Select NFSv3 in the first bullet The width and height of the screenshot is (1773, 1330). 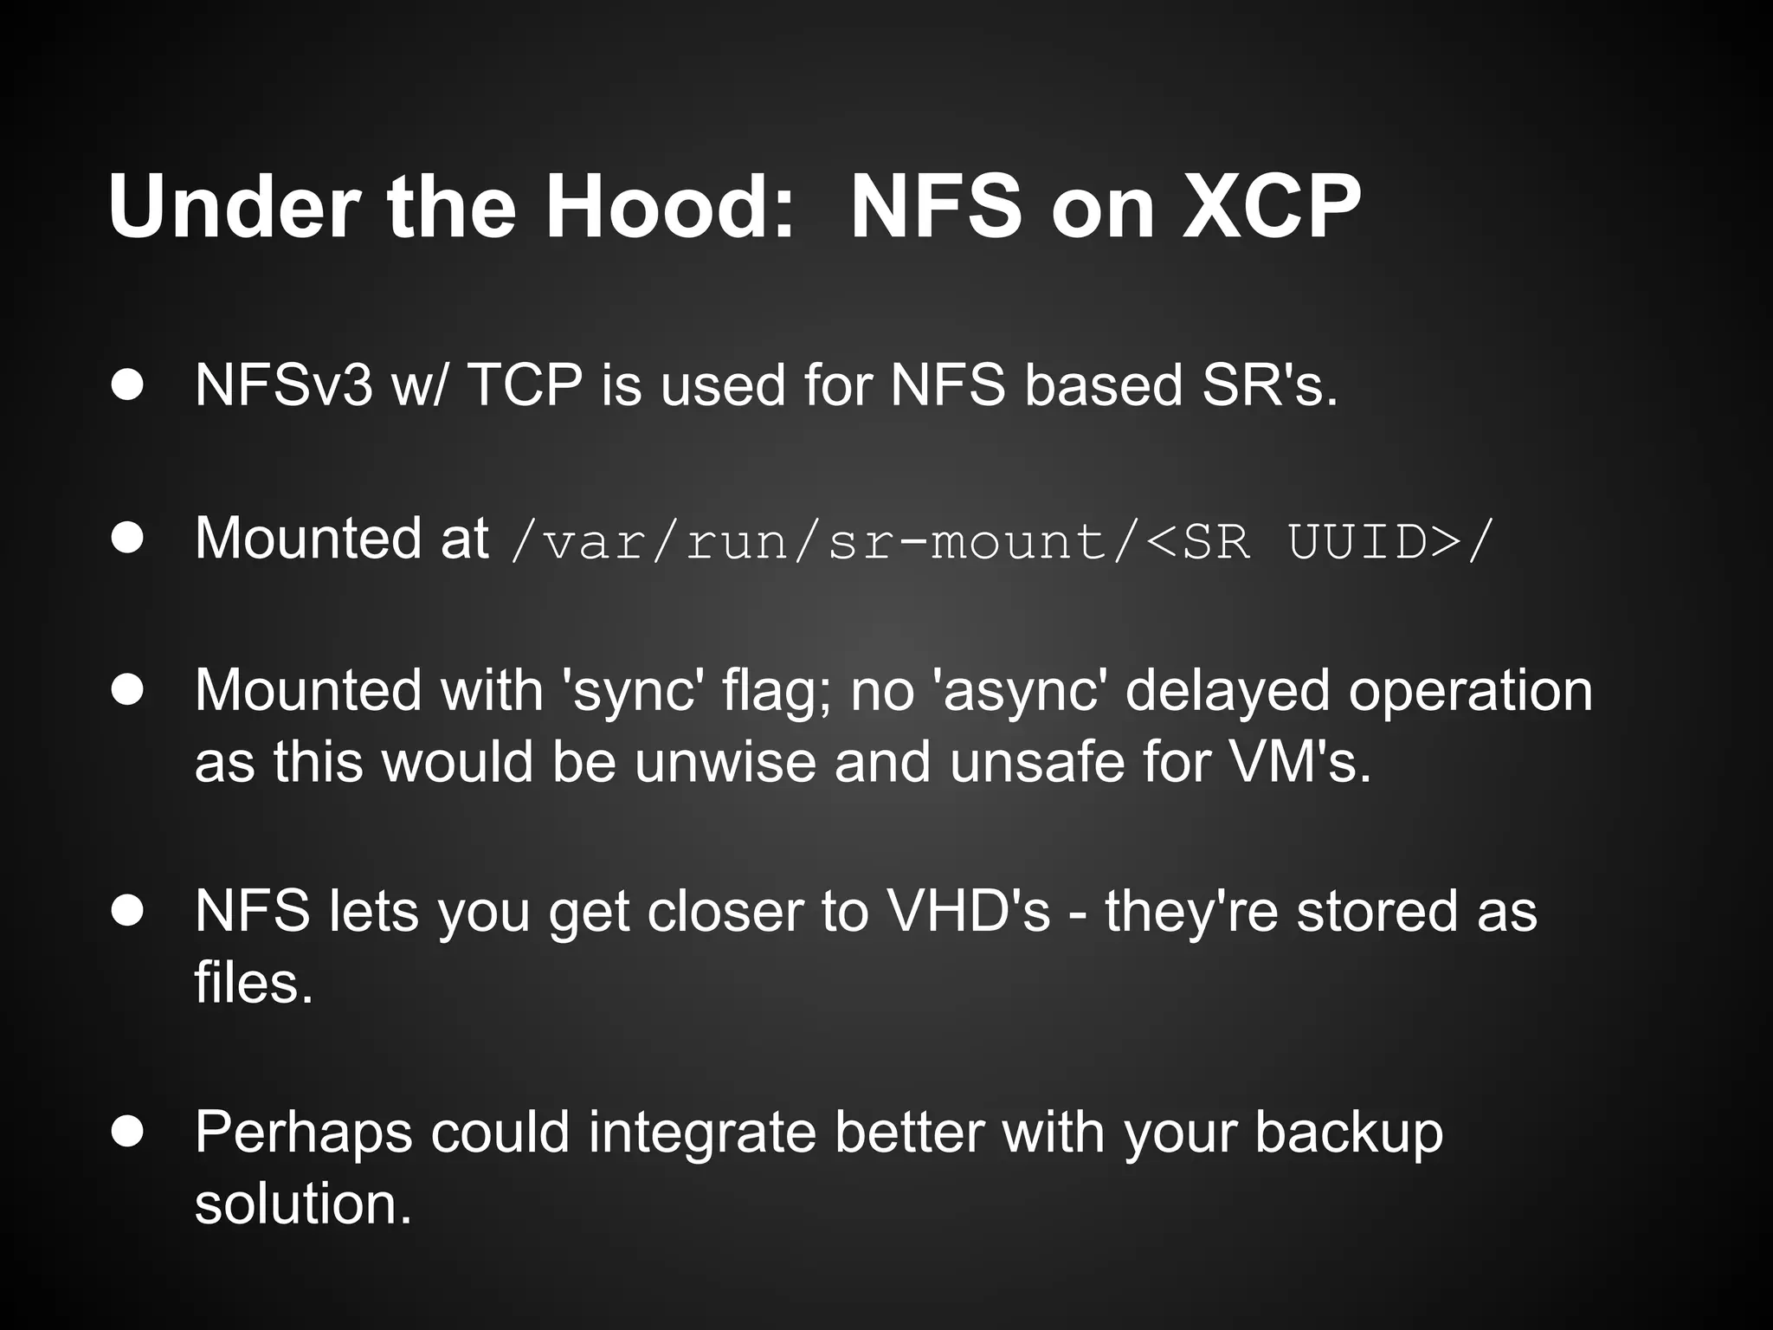(283, 384)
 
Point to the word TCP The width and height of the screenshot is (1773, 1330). (525, 384)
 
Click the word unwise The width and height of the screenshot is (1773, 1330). (725, 762)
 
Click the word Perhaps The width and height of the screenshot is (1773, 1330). (303, 1133)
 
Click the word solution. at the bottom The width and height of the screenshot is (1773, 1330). (303, 1204)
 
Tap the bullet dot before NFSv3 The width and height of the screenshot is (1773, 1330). (128, 386)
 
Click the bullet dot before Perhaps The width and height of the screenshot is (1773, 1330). (128, 1131)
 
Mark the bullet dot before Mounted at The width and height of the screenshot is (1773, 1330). (128, 539)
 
